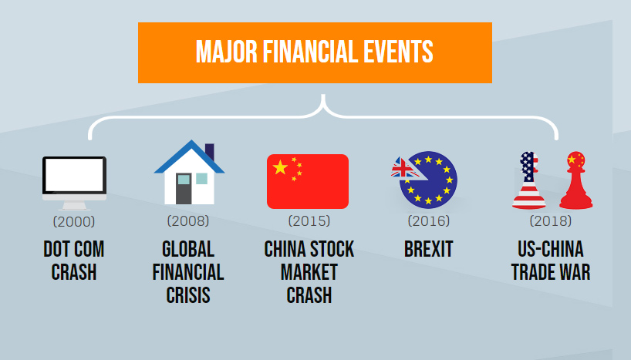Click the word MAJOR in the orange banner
tap(226, 52)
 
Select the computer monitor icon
tap(75, 183)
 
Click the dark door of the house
tap(184, 189)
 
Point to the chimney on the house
tap(210, 151)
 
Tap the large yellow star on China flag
tap(280, 167)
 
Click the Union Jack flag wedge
tap(403, 167)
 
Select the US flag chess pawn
tap(528, 180)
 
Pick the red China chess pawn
tap(576, 180)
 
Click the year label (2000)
tap(74, 222)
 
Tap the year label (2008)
tap(188, 220)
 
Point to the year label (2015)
tap(309, 220)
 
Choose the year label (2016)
tap(429, 220)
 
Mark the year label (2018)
tap(551, 220)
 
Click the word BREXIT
tap(429, 249)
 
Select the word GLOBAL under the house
tap(188, 249)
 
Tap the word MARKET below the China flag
tap(309, 272)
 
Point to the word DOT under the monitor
tap(56, 249)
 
